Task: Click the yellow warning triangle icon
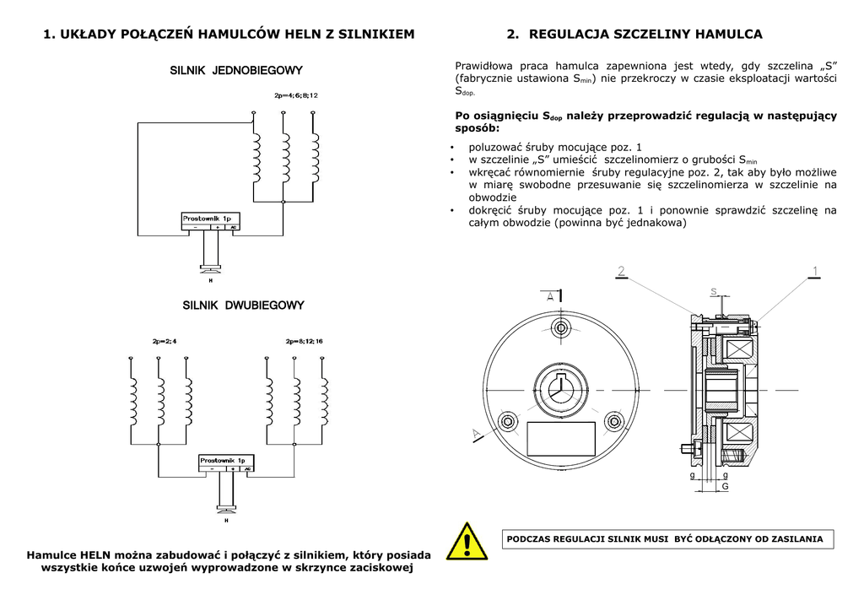(x=467, y=541)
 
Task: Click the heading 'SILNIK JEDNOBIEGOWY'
(x=236, y=70)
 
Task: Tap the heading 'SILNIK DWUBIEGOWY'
(x=243, y=305)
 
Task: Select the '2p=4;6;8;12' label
(x=296, y=95)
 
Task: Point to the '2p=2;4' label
(x=165, y=341)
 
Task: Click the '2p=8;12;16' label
(x=305, y=341)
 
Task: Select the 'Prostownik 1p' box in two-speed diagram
(x=226, y=464)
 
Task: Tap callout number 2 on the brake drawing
(x=621, y=271)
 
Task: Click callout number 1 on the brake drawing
(x=815, y=271)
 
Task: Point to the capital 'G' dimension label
(x=724, y=487)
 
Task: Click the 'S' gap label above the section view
(x=713, y=292)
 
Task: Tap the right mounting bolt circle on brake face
(x=612, y=418)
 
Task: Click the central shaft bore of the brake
(x=559, y=390)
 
